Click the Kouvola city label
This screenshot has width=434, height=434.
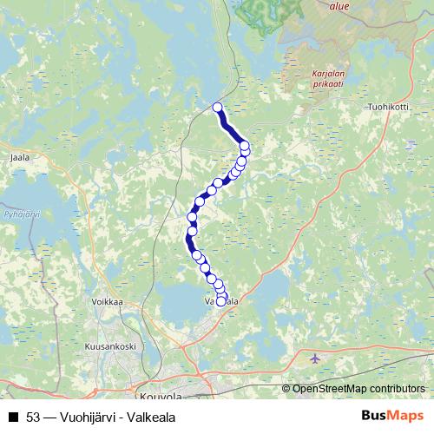[161, 395]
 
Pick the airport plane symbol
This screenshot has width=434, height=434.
[313, 358]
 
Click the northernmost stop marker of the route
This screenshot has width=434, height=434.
[218, 108]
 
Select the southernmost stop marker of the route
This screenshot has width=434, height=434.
[221, 302]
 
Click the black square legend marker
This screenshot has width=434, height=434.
[13, 418]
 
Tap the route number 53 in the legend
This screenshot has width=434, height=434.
[34, 418]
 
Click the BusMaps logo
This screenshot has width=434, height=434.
[392, 417]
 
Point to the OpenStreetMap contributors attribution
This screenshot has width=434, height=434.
[358, 389]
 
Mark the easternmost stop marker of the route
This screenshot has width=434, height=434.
[246, 146]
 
